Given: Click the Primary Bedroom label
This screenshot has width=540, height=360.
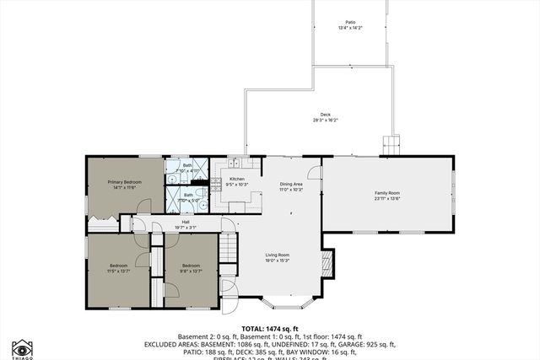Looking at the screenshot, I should [x=124, y=182].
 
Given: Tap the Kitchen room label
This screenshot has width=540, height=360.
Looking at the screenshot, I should [x=237, y=179].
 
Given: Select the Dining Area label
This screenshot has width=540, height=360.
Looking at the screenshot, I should [x=291, y=184].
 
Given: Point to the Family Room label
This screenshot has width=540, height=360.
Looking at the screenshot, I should [x=387, y=193].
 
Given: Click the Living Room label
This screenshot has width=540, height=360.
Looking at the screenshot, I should [x=278, y=255].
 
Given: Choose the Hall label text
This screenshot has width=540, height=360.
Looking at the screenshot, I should [x=185, y=223].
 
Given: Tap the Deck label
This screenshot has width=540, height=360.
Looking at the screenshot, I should [x=325, y=115].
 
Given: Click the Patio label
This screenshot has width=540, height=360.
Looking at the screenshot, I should [x=350, y=23].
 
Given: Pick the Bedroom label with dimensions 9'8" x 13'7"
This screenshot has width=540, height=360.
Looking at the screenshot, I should [x=191, y=266].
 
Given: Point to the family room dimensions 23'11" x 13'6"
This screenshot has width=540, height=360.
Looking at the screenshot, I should [x=387, y=199].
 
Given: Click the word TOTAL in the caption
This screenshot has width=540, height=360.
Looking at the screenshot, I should [x=254, y=328].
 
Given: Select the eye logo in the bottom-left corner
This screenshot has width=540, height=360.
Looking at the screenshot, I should [x=21, y=347].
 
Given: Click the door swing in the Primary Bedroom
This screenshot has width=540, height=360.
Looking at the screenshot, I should [x=144, y=206].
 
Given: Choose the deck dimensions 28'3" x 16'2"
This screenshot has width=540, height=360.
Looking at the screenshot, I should [x=325, y=121].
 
